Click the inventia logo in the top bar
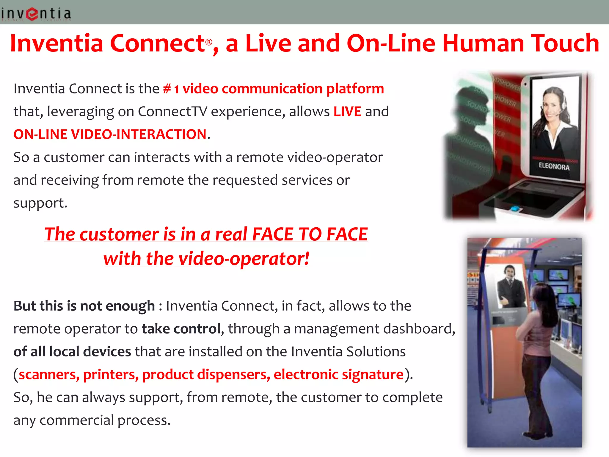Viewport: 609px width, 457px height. click(x=36, y=14)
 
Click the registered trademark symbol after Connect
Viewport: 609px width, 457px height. click(x=209, y=42)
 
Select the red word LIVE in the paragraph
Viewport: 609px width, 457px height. click(x=347, y=112)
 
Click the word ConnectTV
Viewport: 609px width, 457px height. click(x=172, y=112)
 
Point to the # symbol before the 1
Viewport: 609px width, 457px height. click(x=167, y=89)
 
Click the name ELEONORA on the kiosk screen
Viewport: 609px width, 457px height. click(x=554, y=166)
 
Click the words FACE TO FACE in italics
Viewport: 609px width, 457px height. click(x=310, y=234)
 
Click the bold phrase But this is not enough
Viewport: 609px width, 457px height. click(x=84, y=306)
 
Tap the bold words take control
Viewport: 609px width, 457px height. click(x=181, y=329)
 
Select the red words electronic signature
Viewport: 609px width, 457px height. click(x=338, y=374)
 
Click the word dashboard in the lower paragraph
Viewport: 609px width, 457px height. click(x=419, y=329)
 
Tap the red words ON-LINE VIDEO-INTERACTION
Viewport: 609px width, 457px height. click(x=110, y=134)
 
